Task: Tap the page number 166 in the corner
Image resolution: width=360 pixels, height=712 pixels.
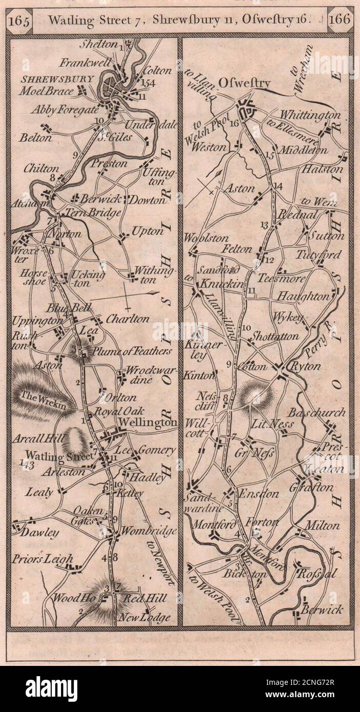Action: pyautogui.click(x=340, y=21)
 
